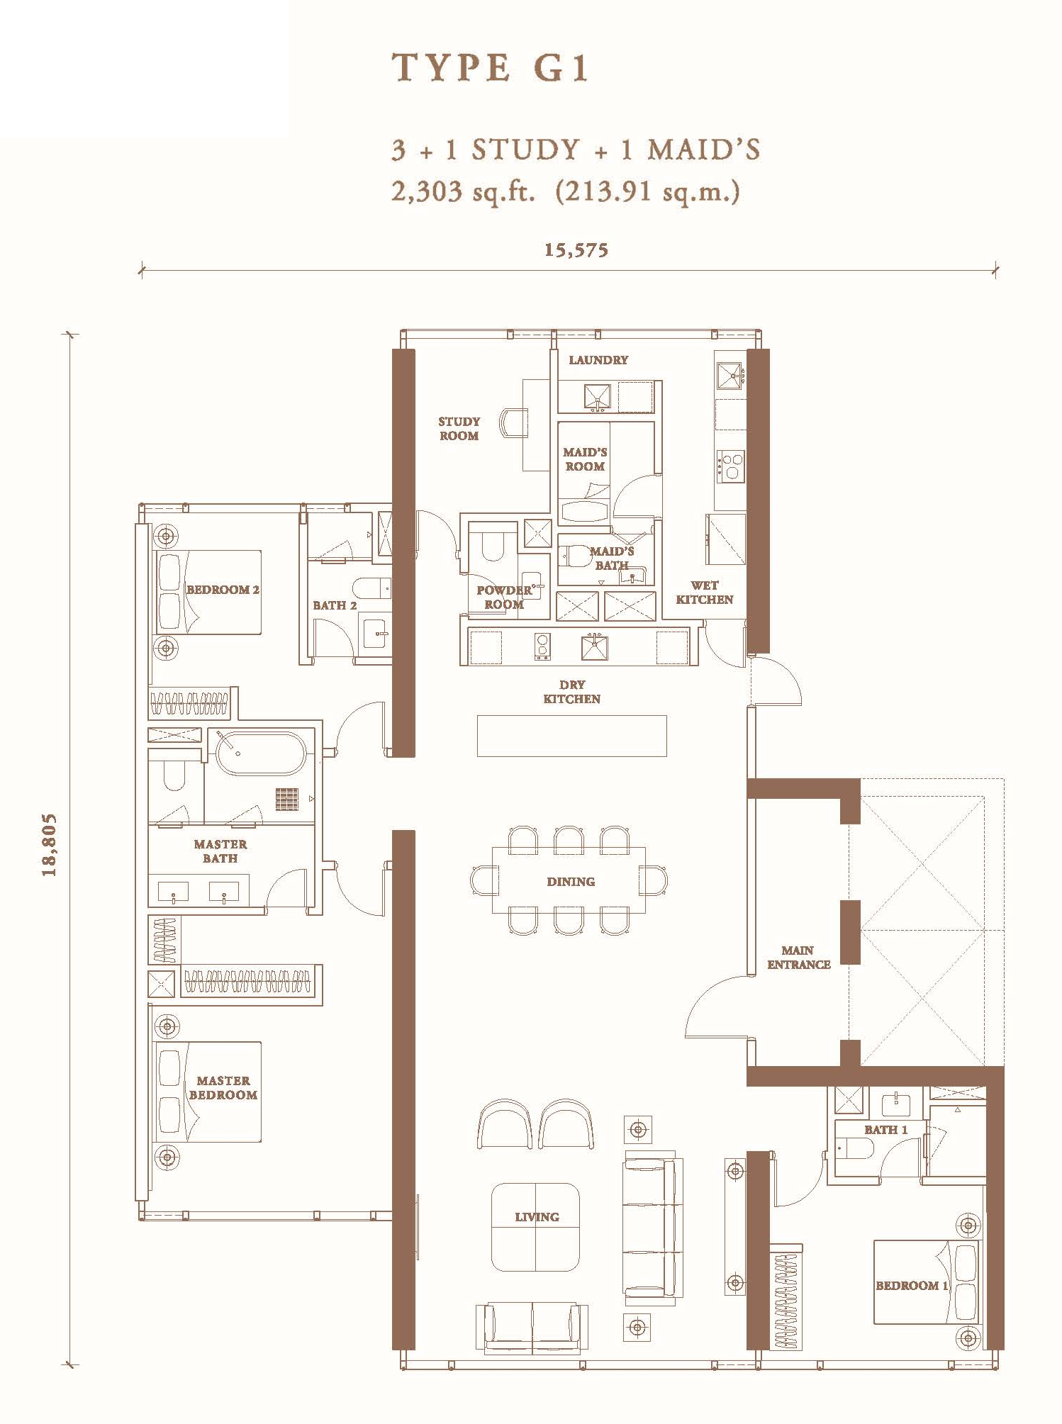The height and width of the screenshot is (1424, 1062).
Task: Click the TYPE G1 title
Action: click(490, 68)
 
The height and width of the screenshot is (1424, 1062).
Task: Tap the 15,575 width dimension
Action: click(576, 250)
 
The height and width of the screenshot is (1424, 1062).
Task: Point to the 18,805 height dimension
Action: click(49, 846)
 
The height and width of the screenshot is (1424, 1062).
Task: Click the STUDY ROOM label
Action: click(459, 429)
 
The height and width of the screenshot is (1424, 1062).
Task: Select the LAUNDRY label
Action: click(598, 360)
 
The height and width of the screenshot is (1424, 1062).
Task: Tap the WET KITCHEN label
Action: click(704, 593)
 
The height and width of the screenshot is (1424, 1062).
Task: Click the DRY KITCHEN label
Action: click(571, 692)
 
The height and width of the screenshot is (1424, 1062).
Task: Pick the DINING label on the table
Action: click(571, 882)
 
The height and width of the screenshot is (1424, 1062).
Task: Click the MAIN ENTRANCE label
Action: click(798, 958)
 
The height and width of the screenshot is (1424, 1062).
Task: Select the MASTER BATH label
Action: click(220, 851)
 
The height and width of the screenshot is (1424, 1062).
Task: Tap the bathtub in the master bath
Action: click(261, 753)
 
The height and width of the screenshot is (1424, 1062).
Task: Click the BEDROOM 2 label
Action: click(223, 590)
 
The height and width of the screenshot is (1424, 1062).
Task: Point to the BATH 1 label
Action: click(885, 1130)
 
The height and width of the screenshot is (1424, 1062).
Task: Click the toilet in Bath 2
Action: click(371, 588)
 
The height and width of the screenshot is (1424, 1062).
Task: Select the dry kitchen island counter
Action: click(571, 736)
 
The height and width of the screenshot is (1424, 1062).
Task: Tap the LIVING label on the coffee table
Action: click(537, 1217)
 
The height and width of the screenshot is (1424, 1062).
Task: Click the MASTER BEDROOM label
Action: click(223, 1088)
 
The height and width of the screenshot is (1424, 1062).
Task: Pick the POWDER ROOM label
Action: click(503, 598)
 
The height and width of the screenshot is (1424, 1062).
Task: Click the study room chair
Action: click(513, 424)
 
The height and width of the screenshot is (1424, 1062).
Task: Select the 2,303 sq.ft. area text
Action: click(463, 192)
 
